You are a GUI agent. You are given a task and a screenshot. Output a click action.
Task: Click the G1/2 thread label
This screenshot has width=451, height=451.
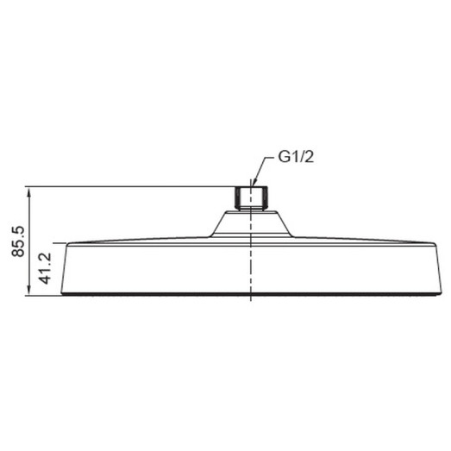[x=296, y=157]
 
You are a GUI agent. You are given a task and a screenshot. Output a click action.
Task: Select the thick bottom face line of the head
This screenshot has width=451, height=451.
[x=249, y=296]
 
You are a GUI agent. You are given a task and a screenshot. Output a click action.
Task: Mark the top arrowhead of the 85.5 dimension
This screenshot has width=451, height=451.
[x=29, y=190]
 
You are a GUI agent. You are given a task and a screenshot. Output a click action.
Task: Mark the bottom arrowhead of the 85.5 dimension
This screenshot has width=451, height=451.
[x=29, y=291]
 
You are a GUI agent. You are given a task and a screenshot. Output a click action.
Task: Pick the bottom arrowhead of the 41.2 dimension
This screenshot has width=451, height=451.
[x=58, y=291]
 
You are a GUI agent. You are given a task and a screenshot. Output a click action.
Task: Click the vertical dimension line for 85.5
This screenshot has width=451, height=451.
[x=29, y=216]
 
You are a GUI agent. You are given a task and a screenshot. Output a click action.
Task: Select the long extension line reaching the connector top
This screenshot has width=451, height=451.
[x=129, y=185]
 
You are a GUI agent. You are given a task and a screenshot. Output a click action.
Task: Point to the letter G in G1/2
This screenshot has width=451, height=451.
[x=283, y=157]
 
